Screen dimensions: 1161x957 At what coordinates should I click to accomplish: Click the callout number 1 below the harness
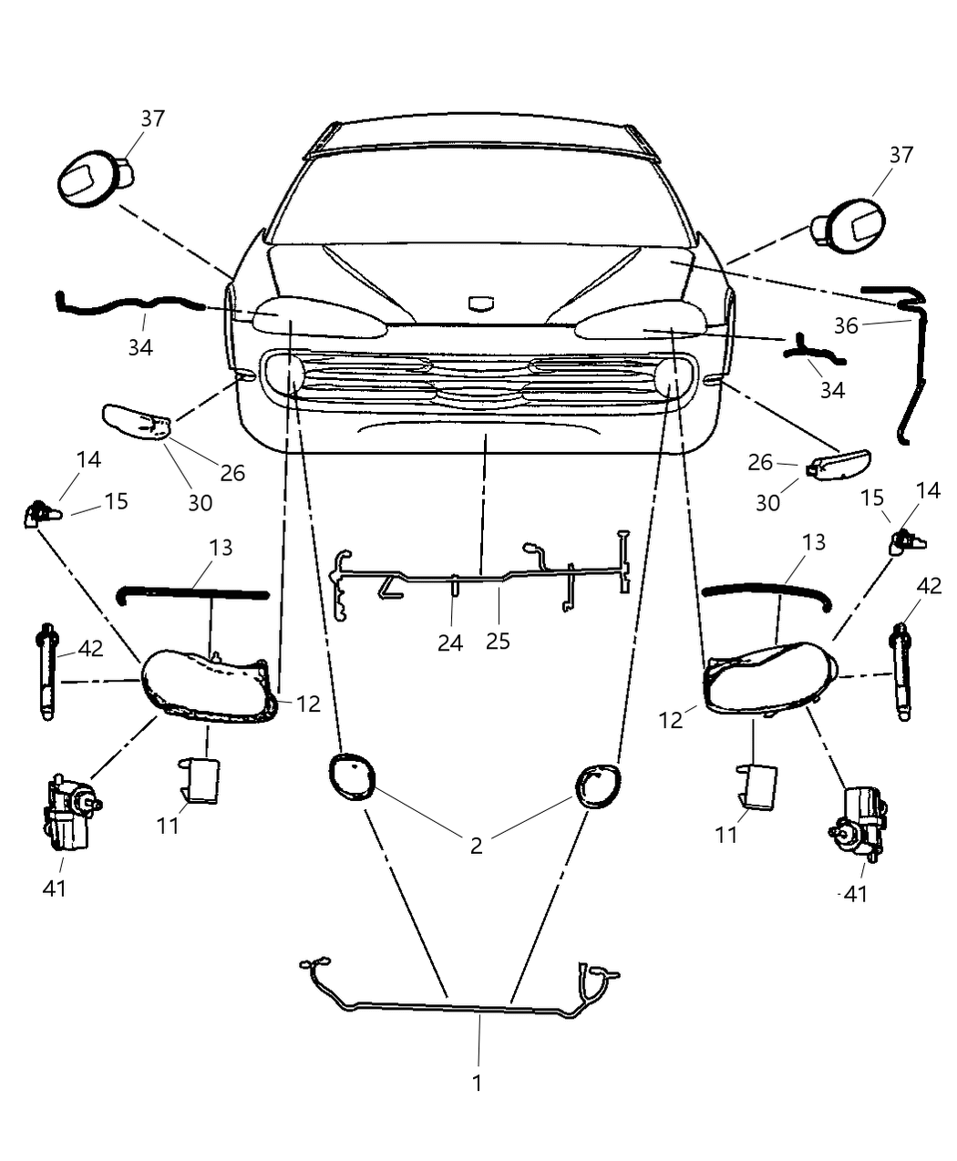[x=477, y=1083]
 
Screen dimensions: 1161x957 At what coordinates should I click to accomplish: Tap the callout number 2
[x=476, y=846]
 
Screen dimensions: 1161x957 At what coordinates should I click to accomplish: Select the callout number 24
[x=450, y=642]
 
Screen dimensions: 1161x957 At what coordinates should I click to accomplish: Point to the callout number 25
[x=498, y=641]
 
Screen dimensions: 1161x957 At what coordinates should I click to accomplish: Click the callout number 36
[x=846, y=325]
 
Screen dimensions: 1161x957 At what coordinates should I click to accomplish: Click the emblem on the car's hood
[x=479, y=303]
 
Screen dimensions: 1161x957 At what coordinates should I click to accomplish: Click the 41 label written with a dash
[x=853, y=894]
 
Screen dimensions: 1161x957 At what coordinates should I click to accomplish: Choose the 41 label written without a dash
[x=55, y=887]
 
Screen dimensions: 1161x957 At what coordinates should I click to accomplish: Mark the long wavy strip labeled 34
[x=128, y=304]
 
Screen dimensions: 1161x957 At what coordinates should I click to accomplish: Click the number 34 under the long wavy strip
[x=139, y=347]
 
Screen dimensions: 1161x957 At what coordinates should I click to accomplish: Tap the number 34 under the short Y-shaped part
[x=832, y=390]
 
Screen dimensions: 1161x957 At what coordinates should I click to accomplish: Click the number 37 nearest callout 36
[x=900, y=155]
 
